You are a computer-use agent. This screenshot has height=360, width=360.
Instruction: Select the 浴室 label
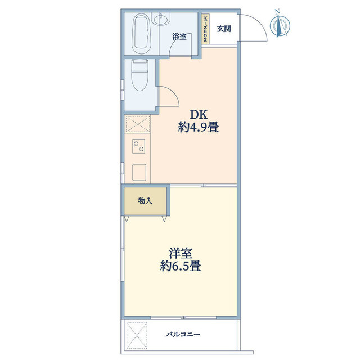coord(179,37)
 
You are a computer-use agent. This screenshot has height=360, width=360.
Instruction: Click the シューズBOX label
coord(206,29)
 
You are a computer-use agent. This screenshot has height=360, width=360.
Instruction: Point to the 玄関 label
coord(224,29)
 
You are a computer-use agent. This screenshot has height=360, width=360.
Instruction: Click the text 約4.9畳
coord(198,128)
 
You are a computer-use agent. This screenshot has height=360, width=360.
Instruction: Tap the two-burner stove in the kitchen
coord(138,145)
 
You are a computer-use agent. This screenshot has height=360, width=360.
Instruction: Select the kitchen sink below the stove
coord(138,171)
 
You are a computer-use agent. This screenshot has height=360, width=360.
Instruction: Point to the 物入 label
coord(145,200)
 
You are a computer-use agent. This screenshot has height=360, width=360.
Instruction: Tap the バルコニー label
coord(183,335)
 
